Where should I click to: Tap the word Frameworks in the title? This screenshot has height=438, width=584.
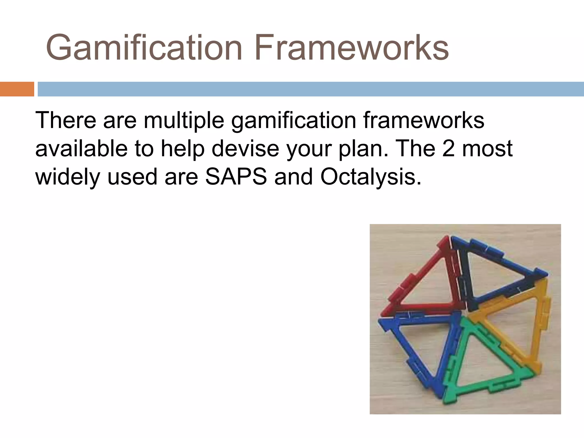click(351, 48)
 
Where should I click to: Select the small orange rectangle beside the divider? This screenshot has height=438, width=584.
click(17, 89)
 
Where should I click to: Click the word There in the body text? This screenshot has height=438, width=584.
click(66, 120)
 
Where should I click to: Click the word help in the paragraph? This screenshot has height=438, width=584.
click(182, 149)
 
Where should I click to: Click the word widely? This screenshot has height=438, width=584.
click(67, 177)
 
